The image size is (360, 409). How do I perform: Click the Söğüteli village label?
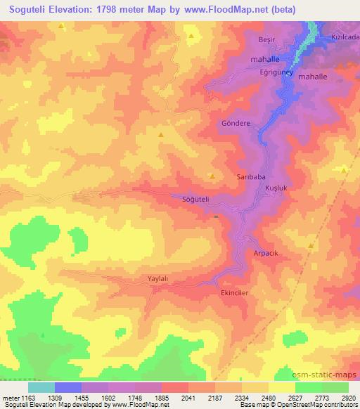[x=196, y=200]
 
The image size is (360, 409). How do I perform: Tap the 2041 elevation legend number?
[x=188, y=397]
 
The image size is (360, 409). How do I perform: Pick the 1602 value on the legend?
[x=108, y=397]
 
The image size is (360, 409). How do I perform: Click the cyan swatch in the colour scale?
[x=41, y=387]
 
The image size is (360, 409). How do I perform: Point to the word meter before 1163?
[x=9, y=397]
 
